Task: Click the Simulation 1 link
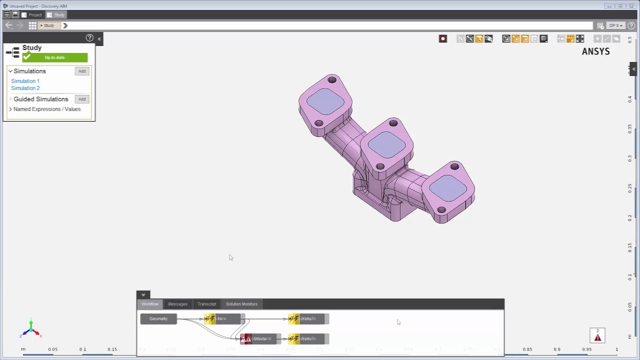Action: (25, 81)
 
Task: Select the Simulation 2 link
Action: (25, 88)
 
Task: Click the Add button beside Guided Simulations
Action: (82, 99)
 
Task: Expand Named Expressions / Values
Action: (10, 109)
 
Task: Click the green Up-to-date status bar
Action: (54, 57)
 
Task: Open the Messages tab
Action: (177, 304)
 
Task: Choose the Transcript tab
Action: (206, 304)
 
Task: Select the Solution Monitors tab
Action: (241, 304)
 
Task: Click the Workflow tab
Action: (149, 304)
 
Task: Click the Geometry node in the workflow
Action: (158, 319)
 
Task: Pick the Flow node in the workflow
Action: (222, 319)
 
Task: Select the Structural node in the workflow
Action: (260, 339)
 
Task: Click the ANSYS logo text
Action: (595, 51)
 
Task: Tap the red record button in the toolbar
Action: (442, 39)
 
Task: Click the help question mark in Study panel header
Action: (89, 38)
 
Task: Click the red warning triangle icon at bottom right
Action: (597, 337)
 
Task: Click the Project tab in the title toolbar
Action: (32, 15)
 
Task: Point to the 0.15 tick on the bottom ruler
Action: (112, 349)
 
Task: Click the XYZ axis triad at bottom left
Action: (30, 328)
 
